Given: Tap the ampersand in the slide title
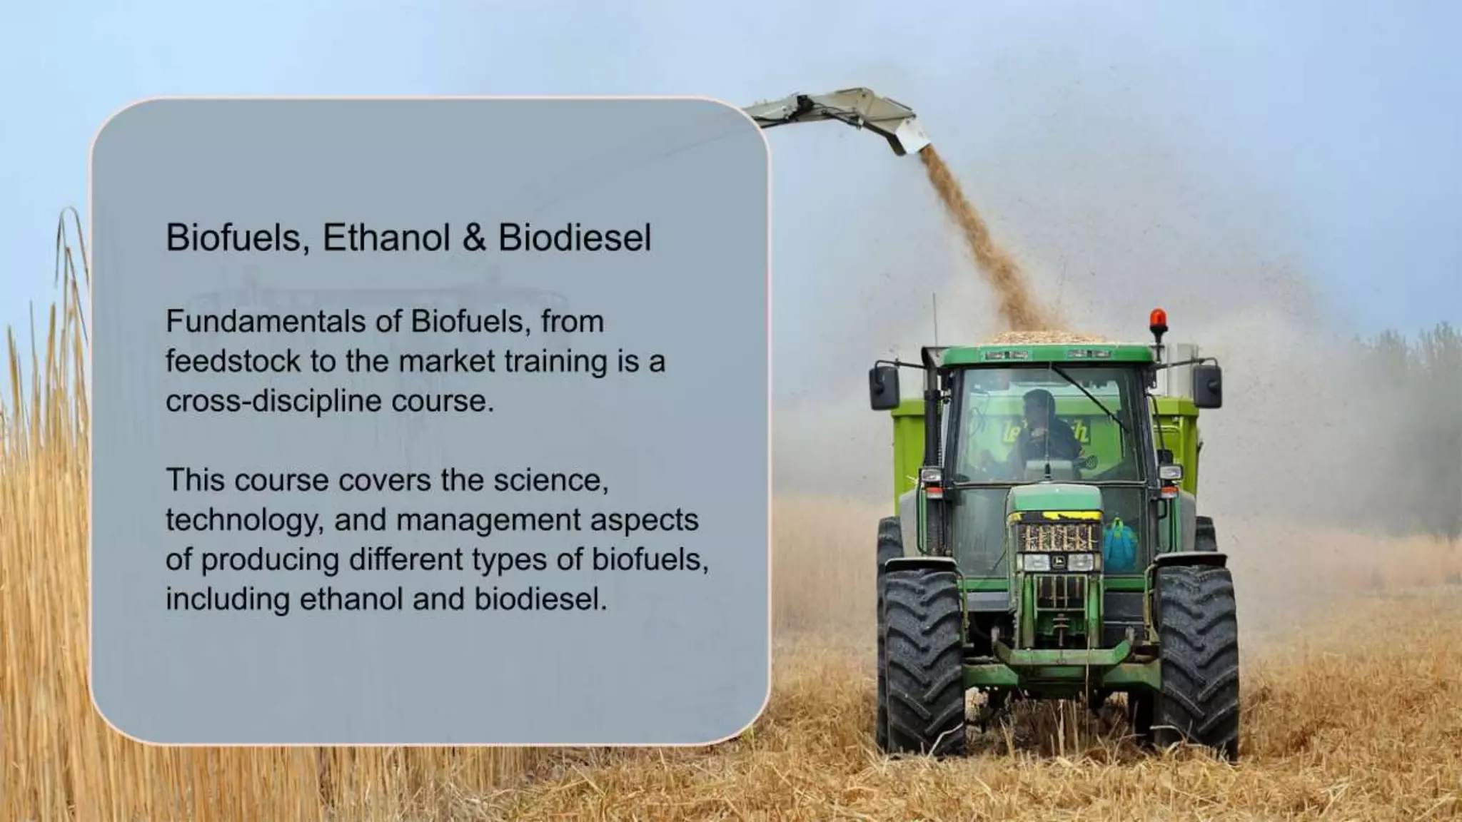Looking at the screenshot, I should tap(474, 238).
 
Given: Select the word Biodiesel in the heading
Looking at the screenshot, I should tap(575, 238).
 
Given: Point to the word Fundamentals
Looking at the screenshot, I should tap(266, 322).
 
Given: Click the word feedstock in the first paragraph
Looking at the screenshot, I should tap(233, 361).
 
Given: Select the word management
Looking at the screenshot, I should tap(488, 520).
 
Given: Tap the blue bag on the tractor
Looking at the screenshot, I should tap(1120, 545).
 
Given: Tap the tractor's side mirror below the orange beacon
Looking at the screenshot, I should tap(1206, 385).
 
